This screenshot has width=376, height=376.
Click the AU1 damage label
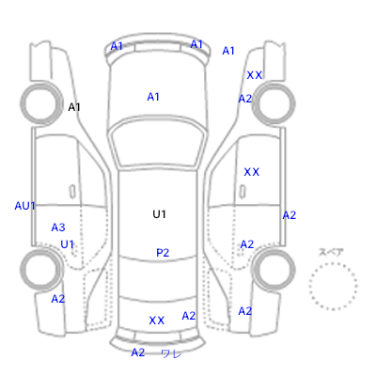24,206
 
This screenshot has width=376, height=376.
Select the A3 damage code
58,227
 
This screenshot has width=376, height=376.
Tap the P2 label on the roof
163,253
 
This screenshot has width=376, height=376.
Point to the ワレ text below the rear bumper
171,353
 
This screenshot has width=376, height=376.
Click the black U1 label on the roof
159,214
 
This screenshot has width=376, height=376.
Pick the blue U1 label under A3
67,244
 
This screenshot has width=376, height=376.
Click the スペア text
331,252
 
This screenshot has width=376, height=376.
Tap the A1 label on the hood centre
153,97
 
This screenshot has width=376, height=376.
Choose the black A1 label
74,107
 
